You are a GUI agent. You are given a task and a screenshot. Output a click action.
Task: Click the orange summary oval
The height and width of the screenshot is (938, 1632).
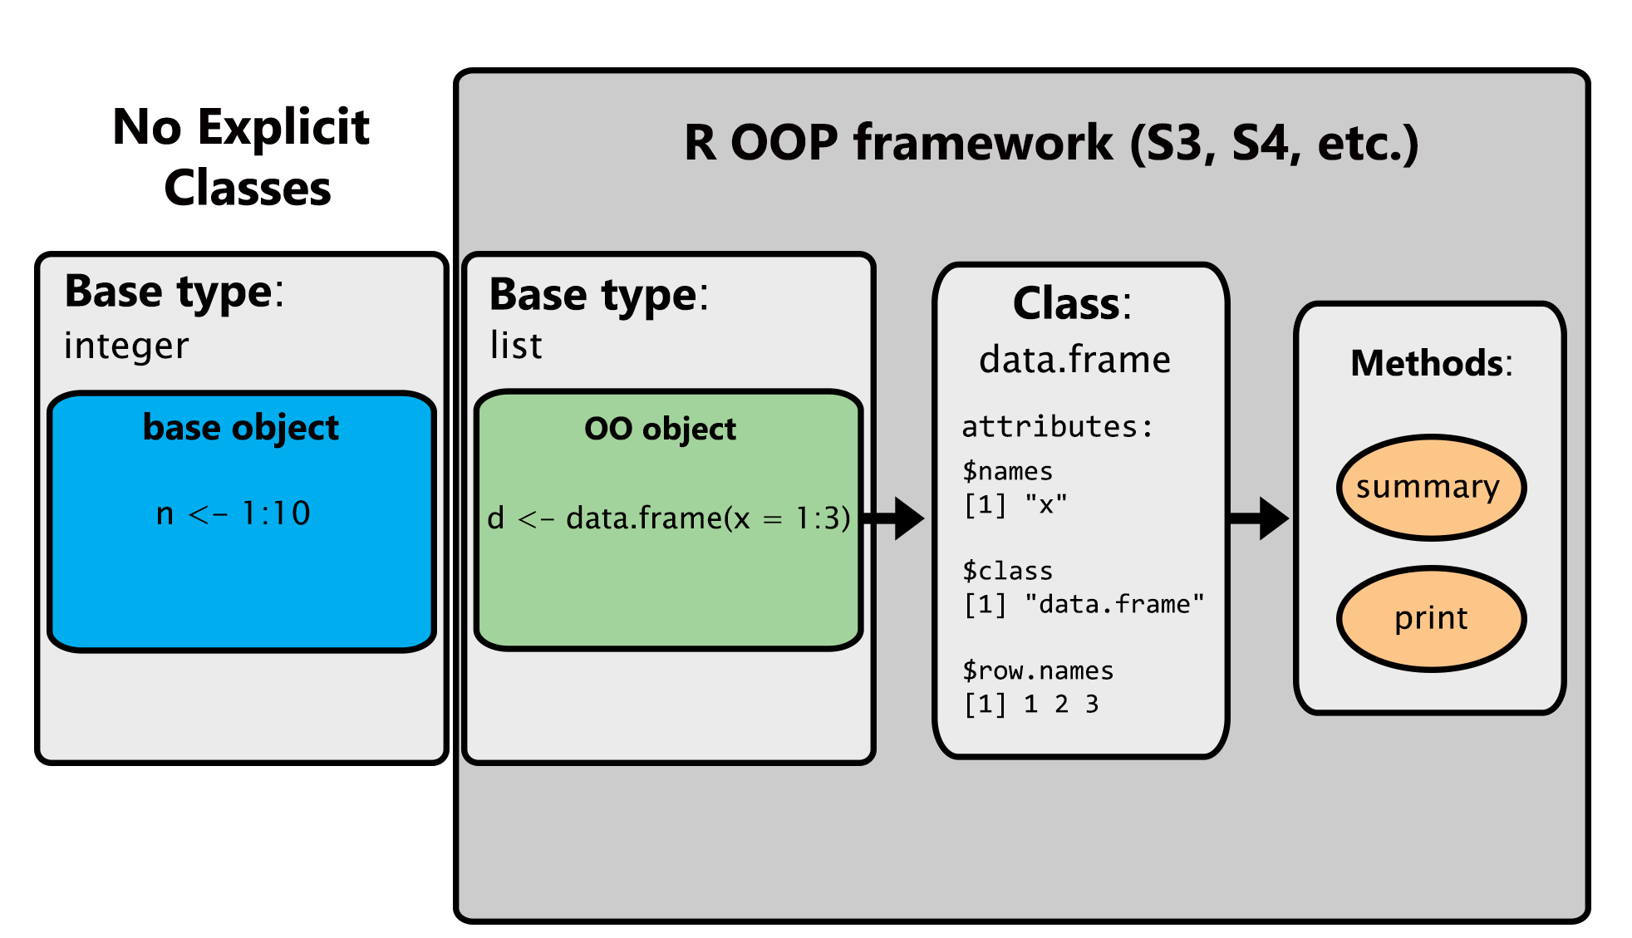point(1431,488)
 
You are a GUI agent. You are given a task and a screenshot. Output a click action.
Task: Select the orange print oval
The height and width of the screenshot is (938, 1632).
point(1431,619)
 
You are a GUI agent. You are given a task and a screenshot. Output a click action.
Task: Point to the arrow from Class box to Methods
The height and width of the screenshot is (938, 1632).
point(1260,518)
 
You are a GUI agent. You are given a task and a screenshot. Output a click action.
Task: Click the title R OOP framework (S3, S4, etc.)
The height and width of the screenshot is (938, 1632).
point(1050,143)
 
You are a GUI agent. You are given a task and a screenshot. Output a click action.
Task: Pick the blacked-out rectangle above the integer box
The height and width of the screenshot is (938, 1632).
point(239,156)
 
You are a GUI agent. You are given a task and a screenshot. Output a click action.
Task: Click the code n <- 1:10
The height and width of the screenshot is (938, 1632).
point(233,513)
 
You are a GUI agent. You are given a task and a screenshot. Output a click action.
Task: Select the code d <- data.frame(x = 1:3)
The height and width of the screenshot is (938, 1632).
point(668,518)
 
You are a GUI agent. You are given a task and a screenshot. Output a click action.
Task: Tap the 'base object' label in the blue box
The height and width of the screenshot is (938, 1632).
point(240,428)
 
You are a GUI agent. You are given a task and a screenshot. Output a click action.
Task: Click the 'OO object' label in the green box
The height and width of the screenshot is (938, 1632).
point(660,430)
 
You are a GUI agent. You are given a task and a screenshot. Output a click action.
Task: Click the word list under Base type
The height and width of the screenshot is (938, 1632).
point(516,346)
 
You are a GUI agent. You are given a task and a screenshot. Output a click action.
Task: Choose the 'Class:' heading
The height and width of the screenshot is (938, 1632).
point(1072,304)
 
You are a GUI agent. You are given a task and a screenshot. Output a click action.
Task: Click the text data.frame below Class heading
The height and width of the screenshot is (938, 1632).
point(1074,360)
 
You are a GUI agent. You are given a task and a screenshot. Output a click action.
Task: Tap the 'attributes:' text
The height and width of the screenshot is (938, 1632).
point(1057,427)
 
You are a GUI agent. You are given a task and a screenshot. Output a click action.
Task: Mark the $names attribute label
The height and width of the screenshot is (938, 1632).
point(1007,472)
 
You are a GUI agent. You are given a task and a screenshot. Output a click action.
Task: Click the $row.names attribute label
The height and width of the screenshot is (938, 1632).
point(1037,670)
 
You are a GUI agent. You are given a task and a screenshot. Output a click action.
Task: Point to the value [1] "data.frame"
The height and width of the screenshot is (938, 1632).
point(1084,604)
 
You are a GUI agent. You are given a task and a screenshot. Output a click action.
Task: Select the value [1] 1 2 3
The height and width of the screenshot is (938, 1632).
point(1031,705)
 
